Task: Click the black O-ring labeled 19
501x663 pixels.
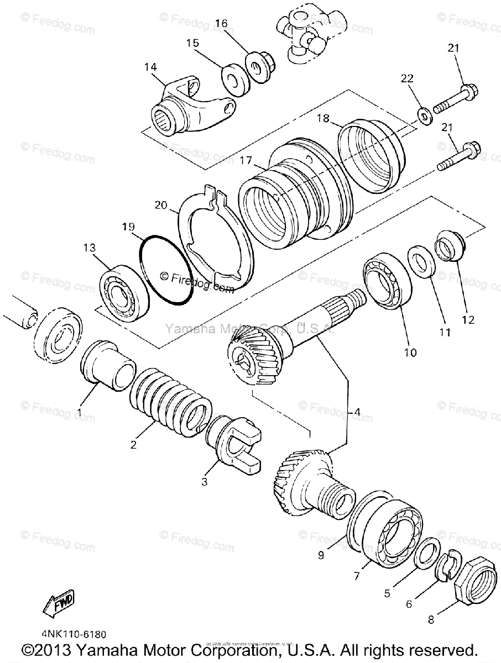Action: coord(166,270)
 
